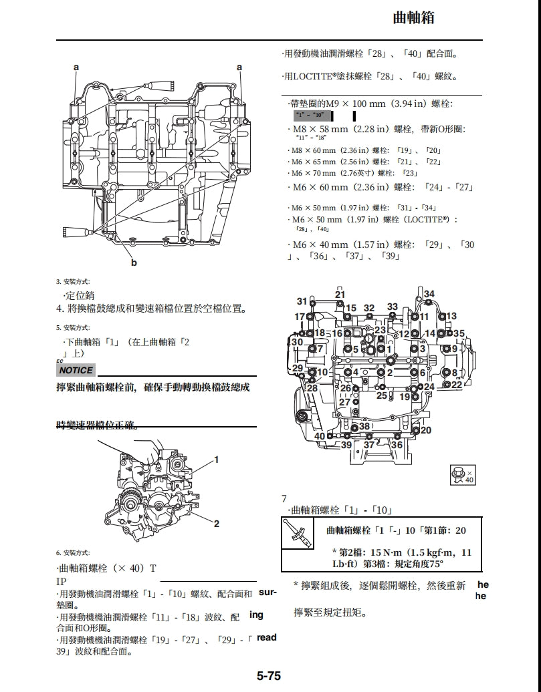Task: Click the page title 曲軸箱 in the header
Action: (x=413, y=18)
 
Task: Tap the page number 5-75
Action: (x=269, y=676)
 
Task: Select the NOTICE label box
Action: (x=76, y=370)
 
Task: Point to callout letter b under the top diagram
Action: (x=134, y=263)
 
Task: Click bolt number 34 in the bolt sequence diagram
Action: (x=429, y=294)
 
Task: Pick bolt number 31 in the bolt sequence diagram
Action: (x=302, y=302)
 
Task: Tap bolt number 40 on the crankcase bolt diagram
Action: (x=320, y=436)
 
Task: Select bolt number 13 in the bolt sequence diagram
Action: (x=451, y=316)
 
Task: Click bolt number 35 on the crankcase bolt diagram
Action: (x=459, y=333)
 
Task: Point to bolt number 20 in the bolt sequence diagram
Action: (x=426, y=431)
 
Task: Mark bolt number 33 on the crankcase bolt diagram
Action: (x=393, y=307)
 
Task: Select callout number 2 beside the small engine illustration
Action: (x=217, y=524)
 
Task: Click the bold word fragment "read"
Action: (x=266, y=637)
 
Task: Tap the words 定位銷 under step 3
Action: (x=80, y=295)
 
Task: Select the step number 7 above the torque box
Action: (x=284, y=498)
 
